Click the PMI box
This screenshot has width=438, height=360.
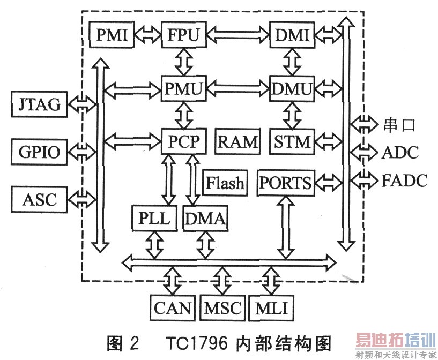[112, 35]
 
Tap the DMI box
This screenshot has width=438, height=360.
[291, 35]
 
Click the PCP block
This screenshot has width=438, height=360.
[183, 141]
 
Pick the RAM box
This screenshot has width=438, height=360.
[237, 141]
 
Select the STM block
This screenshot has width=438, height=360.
[291, 141]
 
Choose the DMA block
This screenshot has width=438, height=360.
[206, 218]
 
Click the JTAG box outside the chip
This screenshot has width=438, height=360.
[40, 104]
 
